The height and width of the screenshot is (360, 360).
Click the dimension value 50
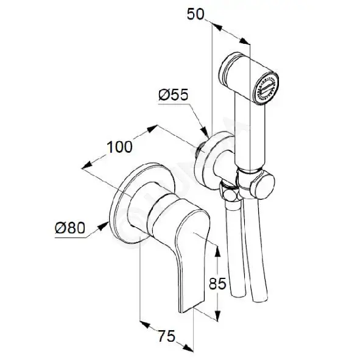click(196, 14)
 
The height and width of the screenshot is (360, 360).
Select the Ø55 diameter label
click(174, 94)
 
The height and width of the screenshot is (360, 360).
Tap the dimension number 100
click(119, 147)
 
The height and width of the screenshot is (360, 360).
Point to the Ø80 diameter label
click(70, 228)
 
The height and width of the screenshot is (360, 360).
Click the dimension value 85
click(217, 283)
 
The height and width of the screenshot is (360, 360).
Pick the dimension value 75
click(166, 336)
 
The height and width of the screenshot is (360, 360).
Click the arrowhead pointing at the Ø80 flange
click(104, 225)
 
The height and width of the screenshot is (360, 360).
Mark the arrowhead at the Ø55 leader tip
click(205, 133)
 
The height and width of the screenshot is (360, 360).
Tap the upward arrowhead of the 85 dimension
click(217, 251)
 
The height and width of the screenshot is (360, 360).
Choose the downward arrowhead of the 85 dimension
click(217, 316)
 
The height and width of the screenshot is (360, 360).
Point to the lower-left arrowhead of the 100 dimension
click(86, 165)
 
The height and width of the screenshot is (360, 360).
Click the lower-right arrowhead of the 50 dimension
click(244, 41)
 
